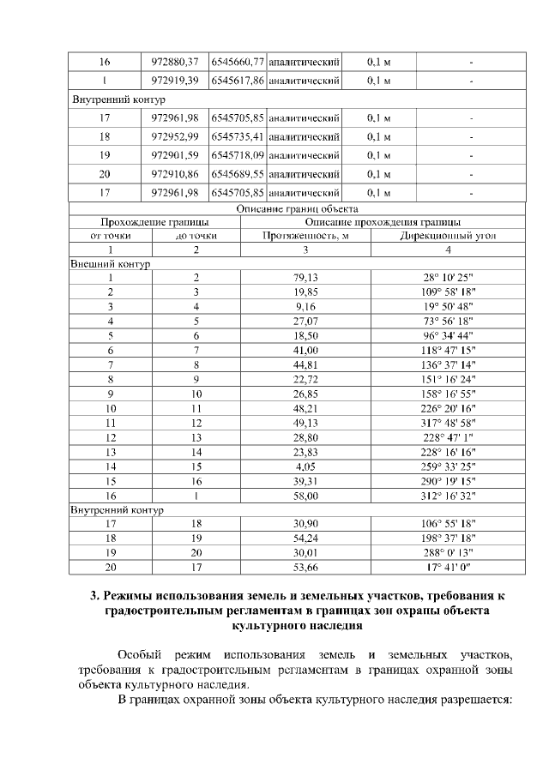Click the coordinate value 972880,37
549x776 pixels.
[174, 63]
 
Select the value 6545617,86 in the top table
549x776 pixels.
[238, 81]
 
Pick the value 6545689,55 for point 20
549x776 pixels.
[238, 173]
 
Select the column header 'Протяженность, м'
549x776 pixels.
[305, 235]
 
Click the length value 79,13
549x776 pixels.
[305, 278]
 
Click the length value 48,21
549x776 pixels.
[305, 408]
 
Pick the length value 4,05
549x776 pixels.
[305, 466]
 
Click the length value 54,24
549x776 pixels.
[305, 538]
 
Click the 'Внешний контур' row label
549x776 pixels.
[110, 264]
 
